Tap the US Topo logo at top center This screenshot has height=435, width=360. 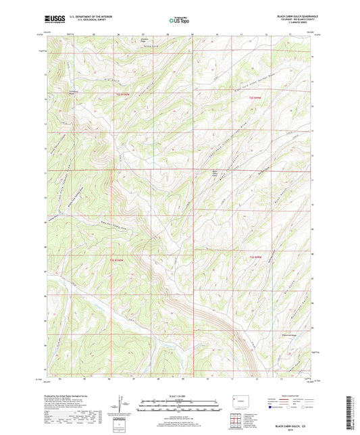[x=178, y=22]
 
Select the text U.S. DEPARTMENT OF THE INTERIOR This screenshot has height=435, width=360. [x=85, y=18]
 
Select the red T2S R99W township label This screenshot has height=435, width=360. [x=251, y=99]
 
